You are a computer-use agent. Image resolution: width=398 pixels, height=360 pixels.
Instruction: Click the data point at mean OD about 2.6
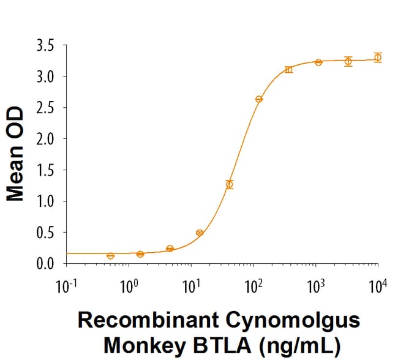tap(259, 99)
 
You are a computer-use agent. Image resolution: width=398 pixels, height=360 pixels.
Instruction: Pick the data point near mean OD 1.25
tap(230, 184)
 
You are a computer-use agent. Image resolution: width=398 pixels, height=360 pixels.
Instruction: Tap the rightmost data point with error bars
tap(378, 58)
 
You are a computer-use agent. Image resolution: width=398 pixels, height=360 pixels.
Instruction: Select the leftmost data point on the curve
tap(110, 256)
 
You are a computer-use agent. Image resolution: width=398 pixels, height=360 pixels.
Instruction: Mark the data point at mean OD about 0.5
tap(200, 233)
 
